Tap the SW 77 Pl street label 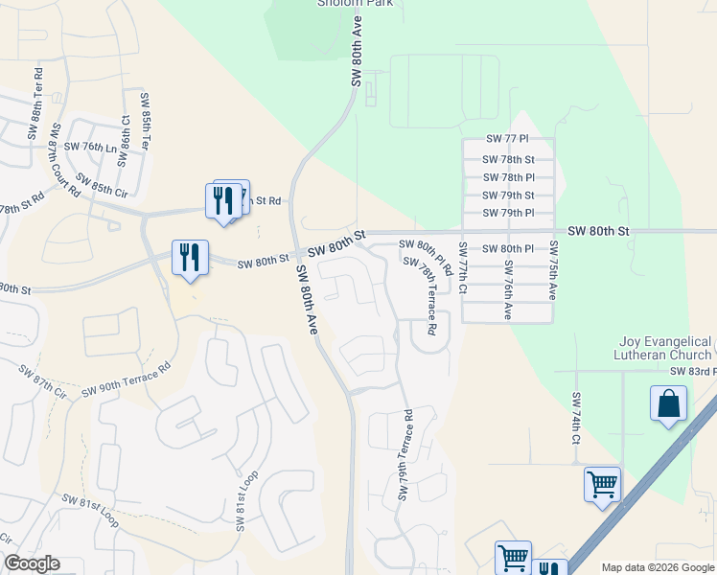point(508,140)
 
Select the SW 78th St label point(508,159)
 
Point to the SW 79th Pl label point(508,213)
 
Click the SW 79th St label point(508,195)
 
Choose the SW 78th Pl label point(508,177)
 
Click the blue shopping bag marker point(668,403)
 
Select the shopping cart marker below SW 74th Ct point(602,485)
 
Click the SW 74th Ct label point(577,418)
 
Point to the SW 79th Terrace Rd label point(405,455)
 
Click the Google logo point(32,563)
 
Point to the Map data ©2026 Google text point(657,567)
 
